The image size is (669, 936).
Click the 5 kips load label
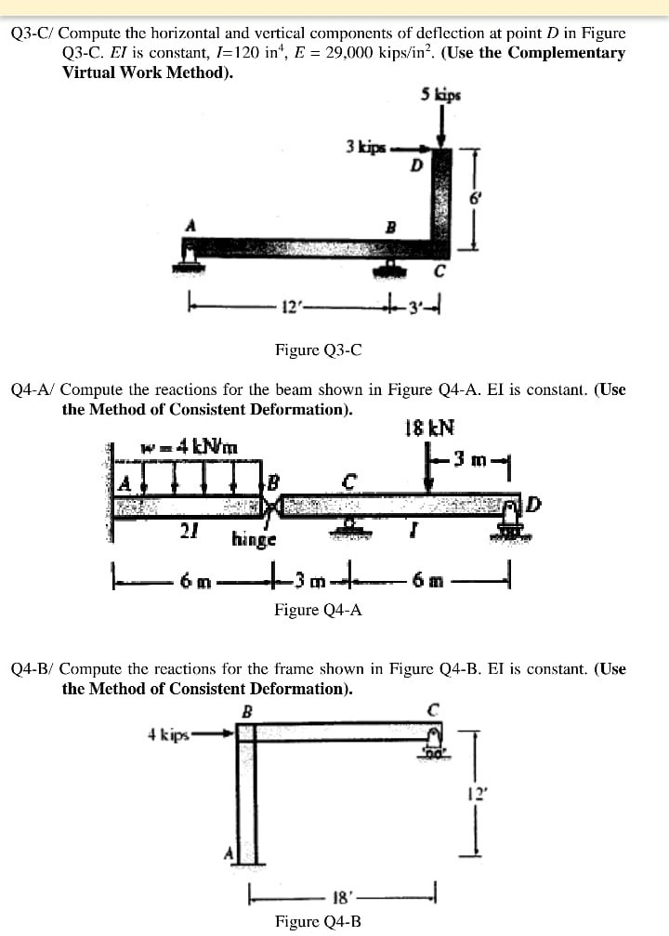click(440, 94)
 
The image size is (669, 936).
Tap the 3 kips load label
click(363, 146)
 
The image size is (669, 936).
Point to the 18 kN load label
click(430, 428)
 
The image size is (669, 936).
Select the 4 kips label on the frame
click(168, 733)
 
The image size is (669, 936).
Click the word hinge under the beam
click(254, 538)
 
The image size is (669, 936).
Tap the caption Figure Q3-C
click(319, 349)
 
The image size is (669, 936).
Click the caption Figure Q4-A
click(319, 610)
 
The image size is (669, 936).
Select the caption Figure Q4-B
click(319, 921)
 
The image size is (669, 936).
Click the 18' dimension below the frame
click(341, 898)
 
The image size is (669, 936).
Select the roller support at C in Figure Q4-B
click(432, 745)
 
